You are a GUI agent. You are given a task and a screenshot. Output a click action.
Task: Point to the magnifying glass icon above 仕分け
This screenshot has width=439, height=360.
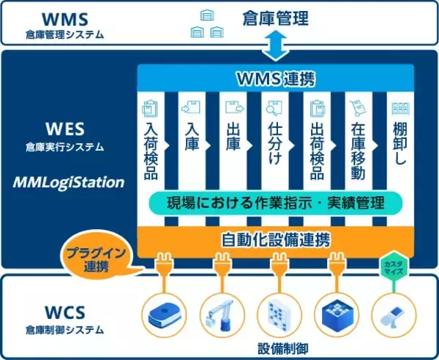(271, 108)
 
